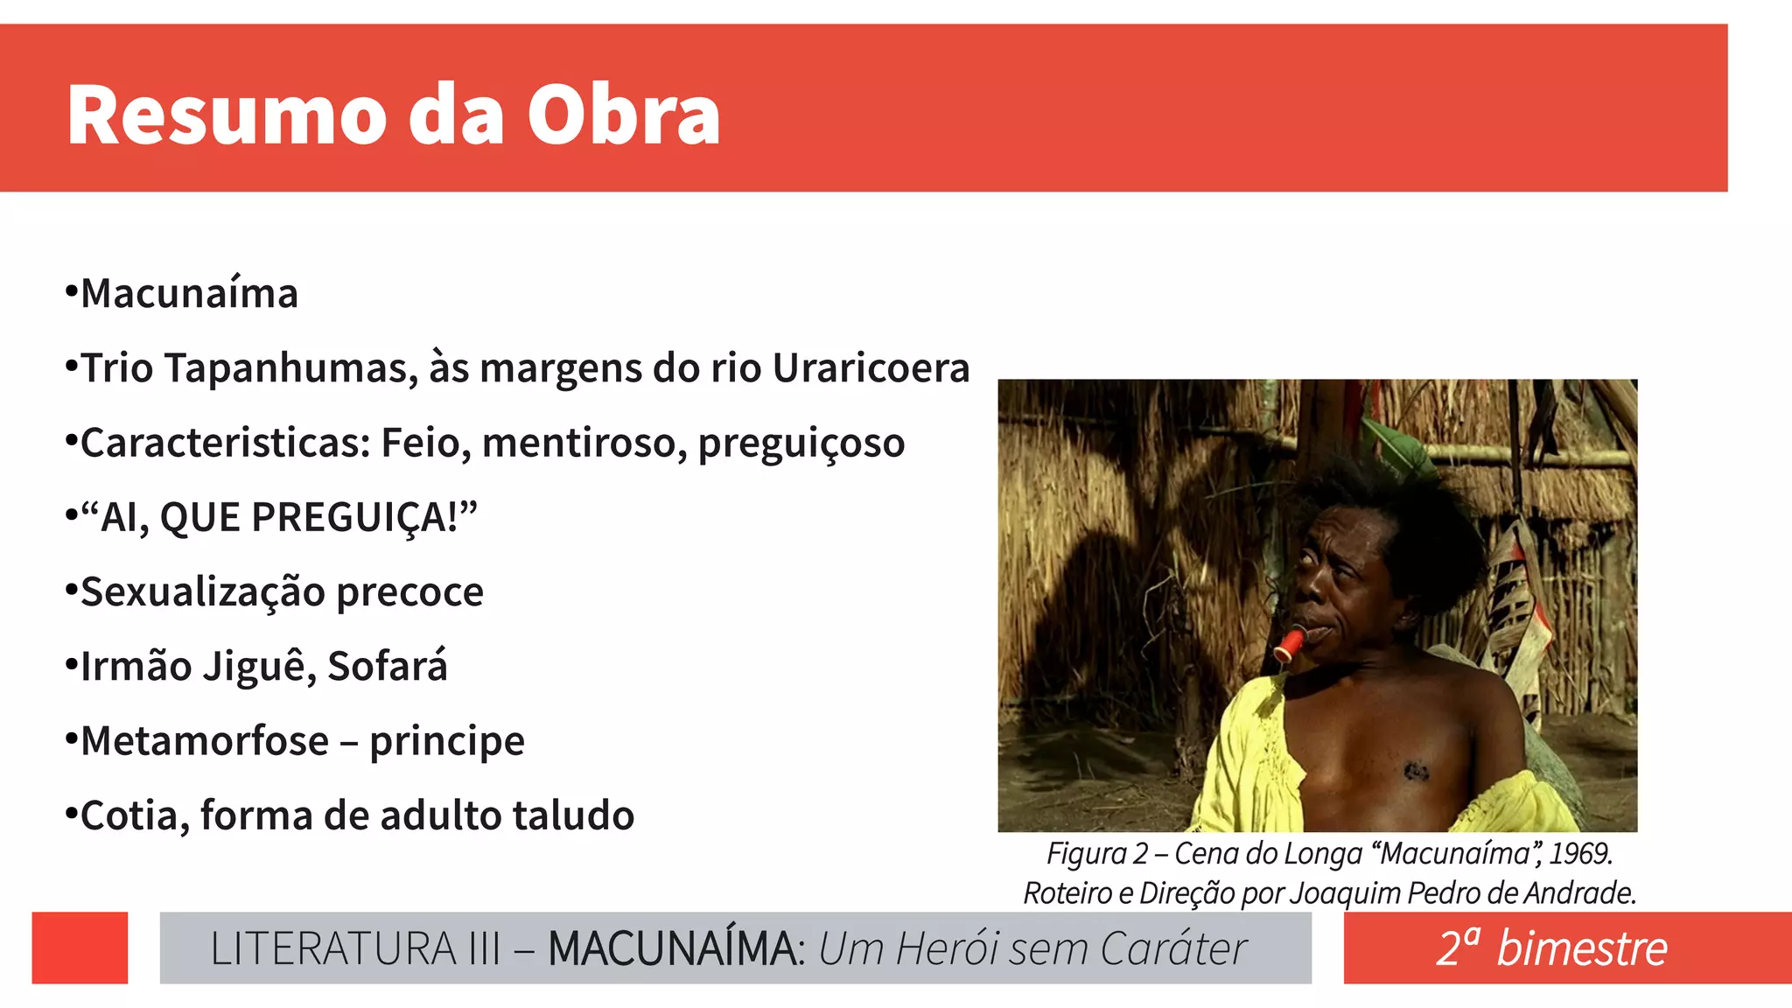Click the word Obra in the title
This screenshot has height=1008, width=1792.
pyautogui.click(x=623, y=115)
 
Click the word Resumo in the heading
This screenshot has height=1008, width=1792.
pyautogui.click(x=227, y=115)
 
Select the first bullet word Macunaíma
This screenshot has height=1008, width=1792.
pyautogui.click(x=189, y=294)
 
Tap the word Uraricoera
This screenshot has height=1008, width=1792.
pyautogui.click(x=871, y=368)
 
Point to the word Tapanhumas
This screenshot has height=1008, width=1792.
pyautogui.click(x=291, y=368)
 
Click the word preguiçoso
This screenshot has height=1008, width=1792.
pyautogui.click(x=801, y=444)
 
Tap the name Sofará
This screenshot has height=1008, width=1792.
pyautogui.click(x=388, y=667)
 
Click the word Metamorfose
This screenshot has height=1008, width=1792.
pyautogui.click(x=205, y=741)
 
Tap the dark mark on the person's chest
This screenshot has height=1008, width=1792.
pyautogui.click(x=1415, y=771)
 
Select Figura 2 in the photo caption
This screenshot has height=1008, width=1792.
pyautogui.click(x=1096, y=853)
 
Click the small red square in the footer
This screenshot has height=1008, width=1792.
pyautogui.click(x=80, y=948)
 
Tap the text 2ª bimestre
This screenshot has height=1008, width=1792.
pyautogui.click(x=1551, y=948)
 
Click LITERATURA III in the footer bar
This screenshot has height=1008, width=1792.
pyautogui.click(x=355, y=948)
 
